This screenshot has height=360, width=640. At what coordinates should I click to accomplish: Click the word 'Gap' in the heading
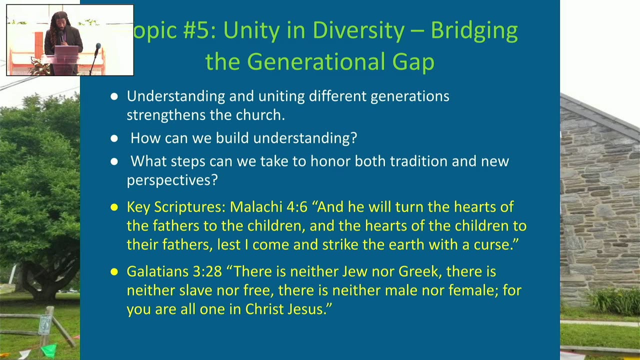pyautogui.click(x=413, y=62)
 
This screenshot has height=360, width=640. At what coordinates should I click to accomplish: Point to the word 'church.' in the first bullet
pyautogui.click(x=260, y=115)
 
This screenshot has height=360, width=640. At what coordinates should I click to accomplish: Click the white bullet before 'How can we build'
pyautogui.click(x=114, y=138)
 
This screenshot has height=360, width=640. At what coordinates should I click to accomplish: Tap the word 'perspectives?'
pyautogui.click(x=172, y=180)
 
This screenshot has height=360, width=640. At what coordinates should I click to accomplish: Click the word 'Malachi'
pyautogui.click(x=256, y=207)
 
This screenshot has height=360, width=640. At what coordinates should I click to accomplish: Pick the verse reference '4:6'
pyautogui.click(x=297, y=207)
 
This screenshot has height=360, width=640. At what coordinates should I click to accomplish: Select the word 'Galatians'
pyautogui.click(x=157, y=271)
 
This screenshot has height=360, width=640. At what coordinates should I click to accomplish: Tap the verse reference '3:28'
pyautogui.click(x=207, y=271)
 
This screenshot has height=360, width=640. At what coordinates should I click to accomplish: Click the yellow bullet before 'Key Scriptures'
pyautogui.click(x=114, y=207)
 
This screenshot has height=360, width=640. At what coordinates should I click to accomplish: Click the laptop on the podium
pyautogui.click(x=66, y=50)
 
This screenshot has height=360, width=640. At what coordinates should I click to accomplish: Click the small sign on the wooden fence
pyautogui.click(x=44, y=325)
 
